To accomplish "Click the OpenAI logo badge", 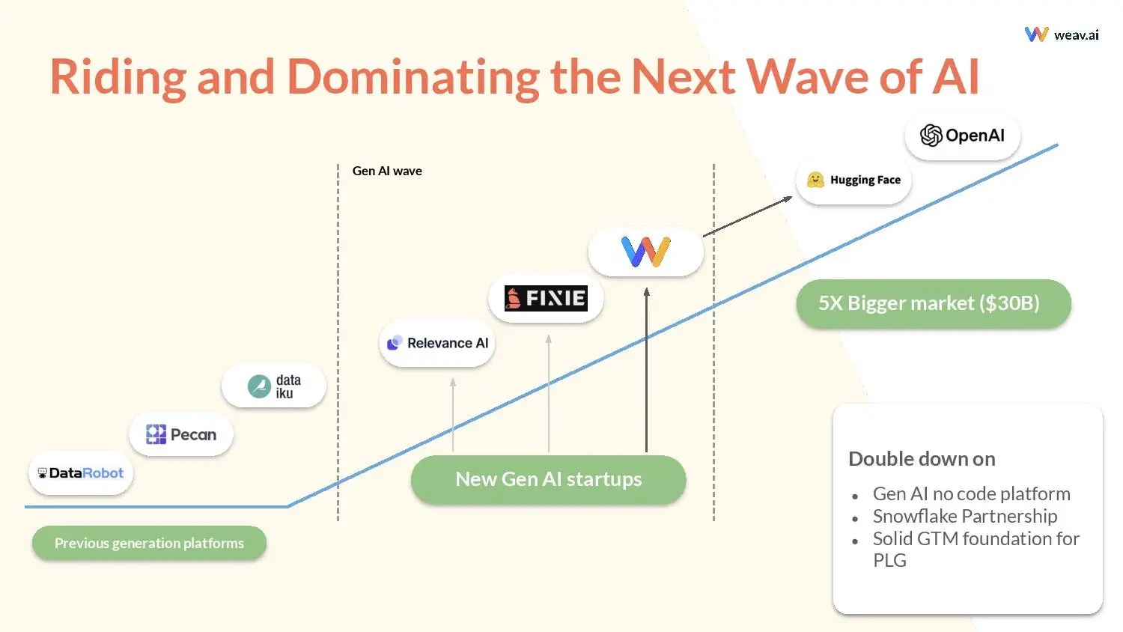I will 962,136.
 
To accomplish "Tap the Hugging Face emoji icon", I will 815,180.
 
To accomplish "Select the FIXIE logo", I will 546,298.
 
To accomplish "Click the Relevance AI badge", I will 437,343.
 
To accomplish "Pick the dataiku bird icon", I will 259,386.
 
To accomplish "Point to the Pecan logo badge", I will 181,434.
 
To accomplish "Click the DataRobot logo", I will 81,473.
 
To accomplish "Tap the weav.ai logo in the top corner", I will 1062,34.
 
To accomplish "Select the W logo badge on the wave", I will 645,252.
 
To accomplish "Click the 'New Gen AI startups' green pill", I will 548,479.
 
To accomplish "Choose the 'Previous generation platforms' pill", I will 149,543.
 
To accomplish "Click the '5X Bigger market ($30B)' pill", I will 933,303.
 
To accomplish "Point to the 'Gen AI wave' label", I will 387,171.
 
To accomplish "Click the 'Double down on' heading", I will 922,458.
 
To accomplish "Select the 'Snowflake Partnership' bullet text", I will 964,516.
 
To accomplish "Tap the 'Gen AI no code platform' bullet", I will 971,493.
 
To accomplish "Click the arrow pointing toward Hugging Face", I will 747,216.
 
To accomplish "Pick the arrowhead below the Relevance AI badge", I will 453,383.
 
